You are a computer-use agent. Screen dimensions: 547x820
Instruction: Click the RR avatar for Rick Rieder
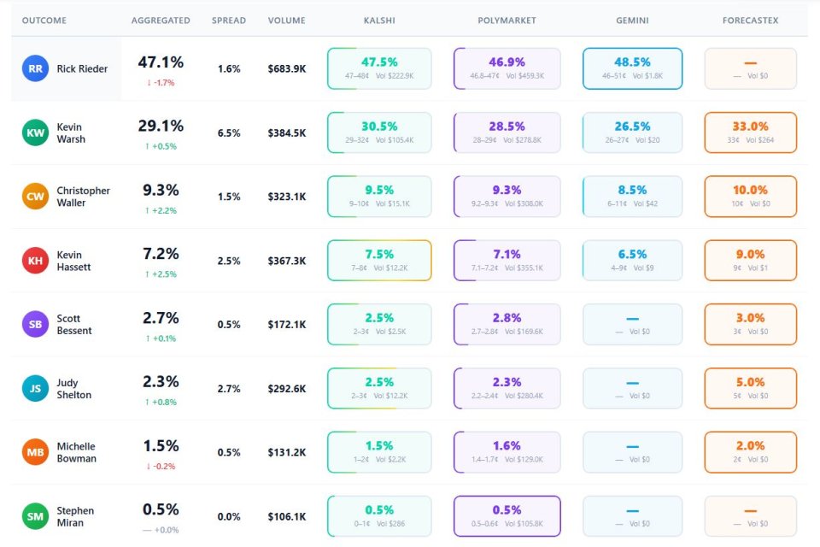pyautogui.click(x=36, y=68)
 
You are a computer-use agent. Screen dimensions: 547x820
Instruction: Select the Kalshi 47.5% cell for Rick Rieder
pyautogui.click(x=379, y=68)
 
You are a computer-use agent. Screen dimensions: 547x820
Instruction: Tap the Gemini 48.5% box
pyautogui.click(x=632, y=68)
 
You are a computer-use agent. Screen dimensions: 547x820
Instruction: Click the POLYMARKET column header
pyautogui.click(x=507, y=21)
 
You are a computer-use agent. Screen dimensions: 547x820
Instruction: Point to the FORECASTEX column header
pyautogui.click(x=750, y=21)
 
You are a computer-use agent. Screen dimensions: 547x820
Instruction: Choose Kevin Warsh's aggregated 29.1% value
pyautogui.click(x=161, y=126)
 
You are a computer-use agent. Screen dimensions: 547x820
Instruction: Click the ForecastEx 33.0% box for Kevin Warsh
pyautogui.click(x=750, y=132)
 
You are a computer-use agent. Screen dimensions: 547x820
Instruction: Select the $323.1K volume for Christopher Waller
pyautogui.click(x=286, y=197)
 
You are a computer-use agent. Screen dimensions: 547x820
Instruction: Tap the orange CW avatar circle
pyautogui.click(x=36, y=197)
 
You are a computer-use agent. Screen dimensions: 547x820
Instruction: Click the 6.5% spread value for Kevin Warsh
pyautogui.click(x=229, y=132)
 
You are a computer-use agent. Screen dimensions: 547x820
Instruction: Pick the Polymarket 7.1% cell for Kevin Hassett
pyautogui.click(x=507, y=261)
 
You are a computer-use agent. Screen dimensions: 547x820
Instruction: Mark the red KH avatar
pyautogui.click(x=36, y=261)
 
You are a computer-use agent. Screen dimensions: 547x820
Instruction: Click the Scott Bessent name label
pyautogui.click(x=74, y=325)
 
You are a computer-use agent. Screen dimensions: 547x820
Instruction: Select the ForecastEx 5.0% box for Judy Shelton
pyautogui.click(x=750, y=388)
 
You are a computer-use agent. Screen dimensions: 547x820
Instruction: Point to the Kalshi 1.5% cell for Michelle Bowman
pyautogui.click(x=379, y=452)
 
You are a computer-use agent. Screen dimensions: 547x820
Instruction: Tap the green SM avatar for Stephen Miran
pyautogui.click(x=36, y=516)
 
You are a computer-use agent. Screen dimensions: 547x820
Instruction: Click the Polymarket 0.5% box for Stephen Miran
pyautogui.click(x=507, y=516)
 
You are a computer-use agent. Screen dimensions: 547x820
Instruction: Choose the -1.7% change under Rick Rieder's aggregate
pyautogui.click(x=161, y=83)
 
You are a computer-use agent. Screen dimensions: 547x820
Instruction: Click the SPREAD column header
pyautogui.click(x=229, y=21)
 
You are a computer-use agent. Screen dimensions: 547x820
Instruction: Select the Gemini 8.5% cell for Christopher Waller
pyautogui.click(x=632, y=197)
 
